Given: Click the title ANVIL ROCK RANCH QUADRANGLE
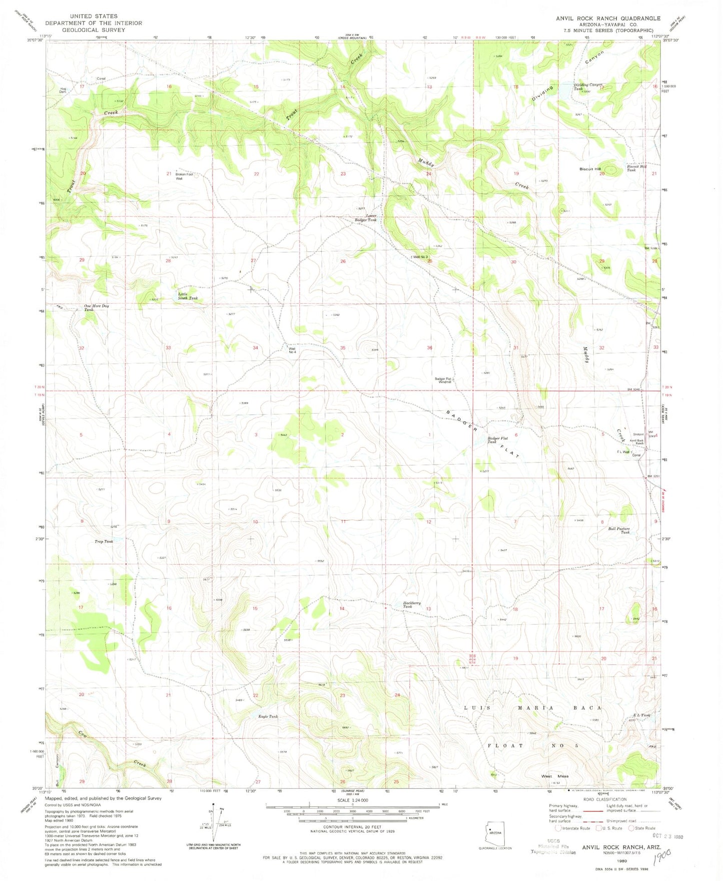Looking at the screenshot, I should [608, 18].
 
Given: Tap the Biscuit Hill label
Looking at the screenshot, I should [590, 169].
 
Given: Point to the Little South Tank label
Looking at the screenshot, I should [188, 296].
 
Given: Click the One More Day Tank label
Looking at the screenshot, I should [96, 307].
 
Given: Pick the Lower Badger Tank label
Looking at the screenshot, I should [365, 218].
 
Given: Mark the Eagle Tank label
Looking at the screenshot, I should [268, 717].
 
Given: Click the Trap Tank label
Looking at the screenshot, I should [104, 542].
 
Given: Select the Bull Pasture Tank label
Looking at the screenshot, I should [619, 531].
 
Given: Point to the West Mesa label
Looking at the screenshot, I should [554, 776].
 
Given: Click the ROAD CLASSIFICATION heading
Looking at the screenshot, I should [604, 799].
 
